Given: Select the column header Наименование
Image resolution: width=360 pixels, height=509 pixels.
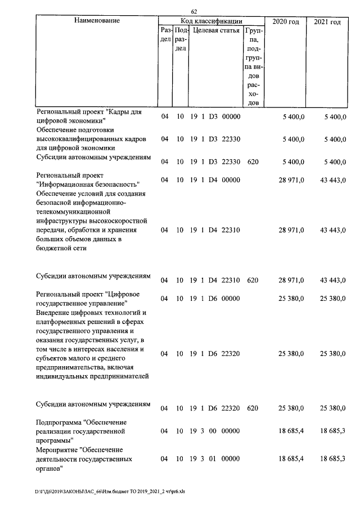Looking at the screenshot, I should [97, 21].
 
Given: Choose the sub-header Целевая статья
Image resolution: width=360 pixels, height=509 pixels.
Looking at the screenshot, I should [217, 30].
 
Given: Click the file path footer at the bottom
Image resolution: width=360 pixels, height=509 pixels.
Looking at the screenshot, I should [109, 491].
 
